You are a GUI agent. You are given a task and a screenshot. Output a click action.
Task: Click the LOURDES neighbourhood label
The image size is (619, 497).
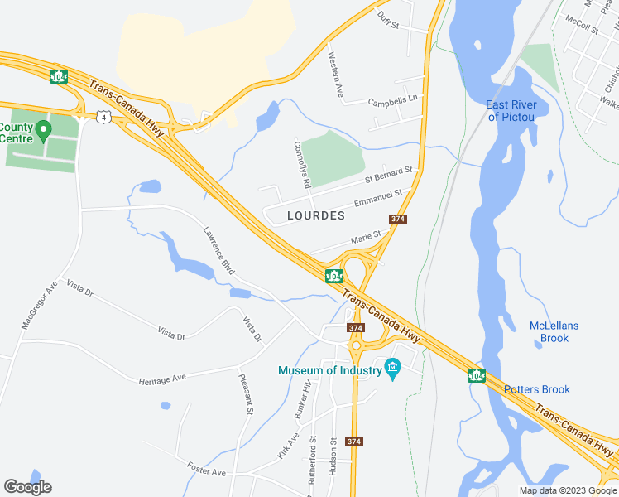tap(315, 215)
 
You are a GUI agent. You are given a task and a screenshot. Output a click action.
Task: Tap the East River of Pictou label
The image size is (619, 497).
tap(511, 110)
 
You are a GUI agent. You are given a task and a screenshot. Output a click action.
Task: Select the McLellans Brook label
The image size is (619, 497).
tap(554, 331)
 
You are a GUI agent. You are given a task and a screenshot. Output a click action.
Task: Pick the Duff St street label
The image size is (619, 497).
tap(388, 19)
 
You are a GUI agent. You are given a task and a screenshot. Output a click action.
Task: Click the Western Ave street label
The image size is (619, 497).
tap(335, 75)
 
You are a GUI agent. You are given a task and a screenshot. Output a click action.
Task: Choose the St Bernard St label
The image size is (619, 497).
tap(390, 175)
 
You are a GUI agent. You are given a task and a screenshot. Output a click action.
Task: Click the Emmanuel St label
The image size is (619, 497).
tap(377, 198)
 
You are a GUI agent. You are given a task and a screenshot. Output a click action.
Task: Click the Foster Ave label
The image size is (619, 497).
tap(206, 469)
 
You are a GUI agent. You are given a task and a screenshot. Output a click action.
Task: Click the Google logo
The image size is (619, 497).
tap(27, 487)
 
